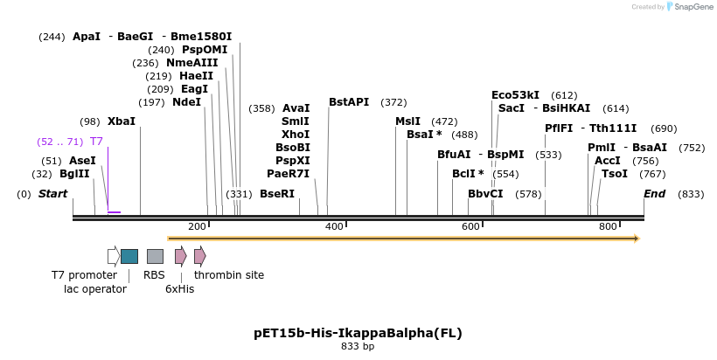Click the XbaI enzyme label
click(121, 121)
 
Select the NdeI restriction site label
click(186, 102)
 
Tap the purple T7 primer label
click(96, 142)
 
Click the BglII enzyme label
click(74, 174)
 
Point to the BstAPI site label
click(349, 102)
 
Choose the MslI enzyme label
click(407, 121)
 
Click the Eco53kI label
click(515, 95)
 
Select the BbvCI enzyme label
click(485, 194)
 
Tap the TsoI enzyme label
click(614, 174)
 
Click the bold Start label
click(52, 194)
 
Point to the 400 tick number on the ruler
click(334, 227)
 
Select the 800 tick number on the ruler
click(608, 227)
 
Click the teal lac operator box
click(129, 256)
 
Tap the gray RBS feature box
click(155, 256)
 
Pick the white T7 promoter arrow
click(114, 256)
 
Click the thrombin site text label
click(229, 275)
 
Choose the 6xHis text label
click(179, 289)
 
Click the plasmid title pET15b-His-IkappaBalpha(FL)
click(358, 333)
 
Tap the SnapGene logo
click(691, 7)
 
